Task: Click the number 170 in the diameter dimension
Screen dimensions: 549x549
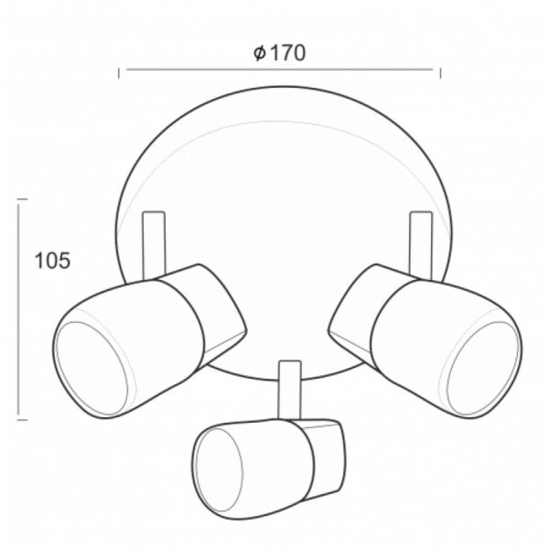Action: pos(288,53)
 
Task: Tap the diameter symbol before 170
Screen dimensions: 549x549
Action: pos(260,53)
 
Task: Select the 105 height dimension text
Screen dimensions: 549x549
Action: pos(52,261)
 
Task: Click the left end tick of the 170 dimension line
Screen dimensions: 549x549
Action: pos(119,73)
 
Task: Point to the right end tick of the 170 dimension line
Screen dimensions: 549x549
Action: pos(440,73)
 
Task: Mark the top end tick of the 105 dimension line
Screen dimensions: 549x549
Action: pos(22,199)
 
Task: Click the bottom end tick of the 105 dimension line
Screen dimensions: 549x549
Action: pos(22,419)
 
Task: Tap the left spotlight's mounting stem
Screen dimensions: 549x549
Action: pos(154,245)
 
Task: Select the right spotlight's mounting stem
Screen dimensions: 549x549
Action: pos(421,245)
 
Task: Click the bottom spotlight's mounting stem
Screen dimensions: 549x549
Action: pos(290,390)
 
